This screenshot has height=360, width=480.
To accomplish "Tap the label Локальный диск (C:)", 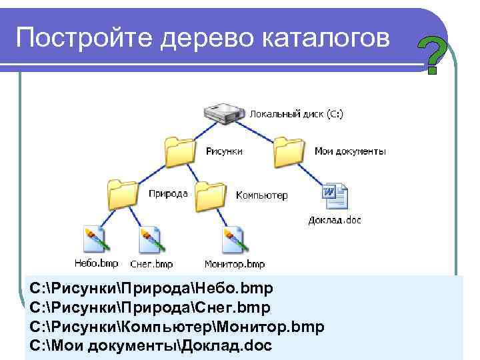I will pos(297,115).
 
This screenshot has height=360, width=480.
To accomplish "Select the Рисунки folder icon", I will pos(179,151).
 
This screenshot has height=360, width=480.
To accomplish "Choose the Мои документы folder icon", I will pos(289,151).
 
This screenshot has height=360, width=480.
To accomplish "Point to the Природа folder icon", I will pos(123,194).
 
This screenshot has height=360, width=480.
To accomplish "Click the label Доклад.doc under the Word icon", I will pos(335,219).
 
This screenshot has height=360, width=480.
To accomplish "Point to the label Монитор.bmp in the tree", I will pos(235,264).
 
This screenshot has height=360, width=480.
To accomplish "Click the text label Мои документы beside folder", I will pos(350,151).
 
